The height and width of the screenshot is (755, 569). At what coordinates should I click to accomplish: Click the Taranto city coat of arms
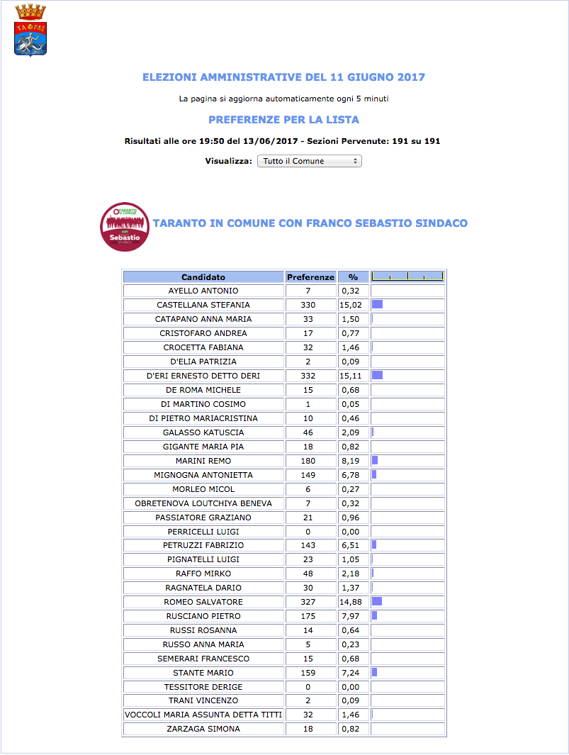[30, 30]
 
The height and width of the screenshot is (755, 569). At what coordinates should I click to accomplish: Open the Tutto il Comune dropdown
[309, 161]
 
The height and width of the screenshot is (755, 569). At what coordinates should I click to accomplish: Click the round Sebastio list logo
[125, 226]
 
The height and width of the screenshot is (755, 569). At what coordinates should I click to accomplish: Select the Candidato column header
[203, 277]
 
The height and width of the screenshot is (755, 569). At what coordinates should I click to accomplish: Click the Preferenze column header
[310, 277]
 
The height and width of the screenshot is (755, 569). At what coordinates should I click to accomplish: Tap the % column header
[353, 277]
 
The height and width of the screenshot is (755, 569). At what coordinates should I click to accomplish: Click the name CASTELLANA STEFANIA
[203, 305]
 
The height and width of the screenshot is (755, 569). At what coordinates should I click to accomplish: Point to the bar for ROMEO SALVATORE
[377, 602]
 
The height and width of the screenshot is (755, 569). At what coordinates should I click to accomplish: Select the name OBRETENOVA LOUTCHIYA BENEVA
[203, 503]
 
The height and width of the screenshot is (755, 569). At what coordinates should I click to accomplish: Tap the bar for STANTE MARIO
[374, 673]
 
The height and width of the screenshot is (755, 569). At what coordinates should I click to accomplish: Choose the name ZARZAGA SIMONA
[203, 729]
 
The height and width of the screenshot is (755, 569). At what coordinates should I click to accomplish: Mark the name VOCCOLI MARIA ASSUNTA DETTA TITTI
[203, 715]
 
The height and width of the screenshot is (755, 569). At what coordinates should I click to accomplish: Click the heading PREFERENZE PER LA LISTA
[283, 120]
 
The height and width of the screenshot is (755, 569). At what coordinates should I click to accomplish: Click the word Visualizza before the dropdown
[228, 161]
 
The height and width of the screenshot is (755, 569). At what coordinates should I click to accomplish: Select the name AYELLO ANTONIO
[203, 291]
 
